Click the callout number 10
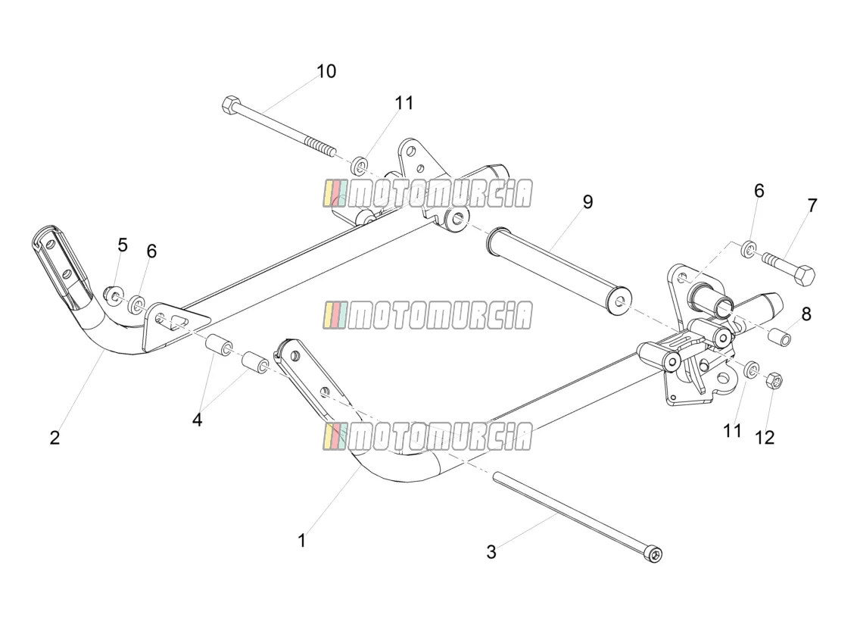[x=326, y=71]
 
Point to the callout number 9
[x=587, y=201]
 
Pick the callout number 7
[x=812, y=205]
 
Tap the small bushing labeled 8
[x=780, y=336]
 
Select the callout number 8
[x=806, y=314]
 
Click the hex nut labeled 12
[x=775, y=379]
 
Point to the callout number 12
[x=765, y=438]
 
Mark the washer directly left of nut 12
[x=751, y=370]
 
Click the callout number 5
[x=123, y=245]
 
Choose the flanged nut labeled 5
[x=114, y=295]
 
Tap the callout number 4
[x=198, y=420]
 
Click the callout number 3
[x=491, y=552]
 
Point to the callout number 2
[x=55, y=438]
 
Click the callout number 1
[x=302, y=541]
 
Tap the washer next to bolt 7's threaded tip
[x=749, y=248]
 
